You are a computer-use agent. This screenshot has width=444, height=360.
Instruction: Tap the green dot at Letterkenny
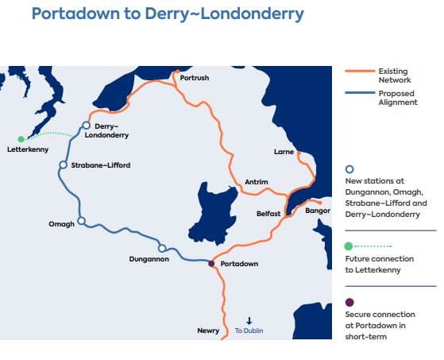[21, 139]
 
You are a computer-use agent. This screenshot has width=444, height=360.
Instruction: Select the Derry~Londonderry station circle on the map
[87, 125]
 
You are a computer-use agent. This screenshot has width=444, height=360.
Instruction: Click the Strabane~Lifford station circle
[63, 165]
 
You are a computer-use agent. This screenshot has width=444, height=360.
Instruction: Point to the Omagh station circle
[81, 222]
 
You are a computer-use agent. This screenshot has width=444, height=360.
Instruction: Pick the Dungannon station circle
[162, 248]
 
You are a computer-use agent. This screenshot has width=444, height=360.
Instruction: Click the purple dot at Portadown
[211, 264]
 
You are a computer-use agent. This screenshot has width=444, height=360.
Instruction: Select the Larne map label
[284, 151]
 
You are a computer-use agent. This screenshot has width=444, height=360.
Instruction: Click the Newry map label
[208, 330]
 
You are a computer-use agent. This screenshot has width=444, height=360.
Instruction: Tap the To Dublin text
[249, 331]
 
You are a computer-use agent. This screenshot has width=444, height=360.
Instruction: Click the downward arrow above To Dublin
[249, 320]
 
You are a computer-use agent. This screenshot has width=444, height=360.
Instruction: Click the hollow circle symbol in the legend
[349, 169]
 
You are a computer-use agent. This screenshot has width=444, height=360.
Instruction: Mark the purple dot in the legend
[349, 301]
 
